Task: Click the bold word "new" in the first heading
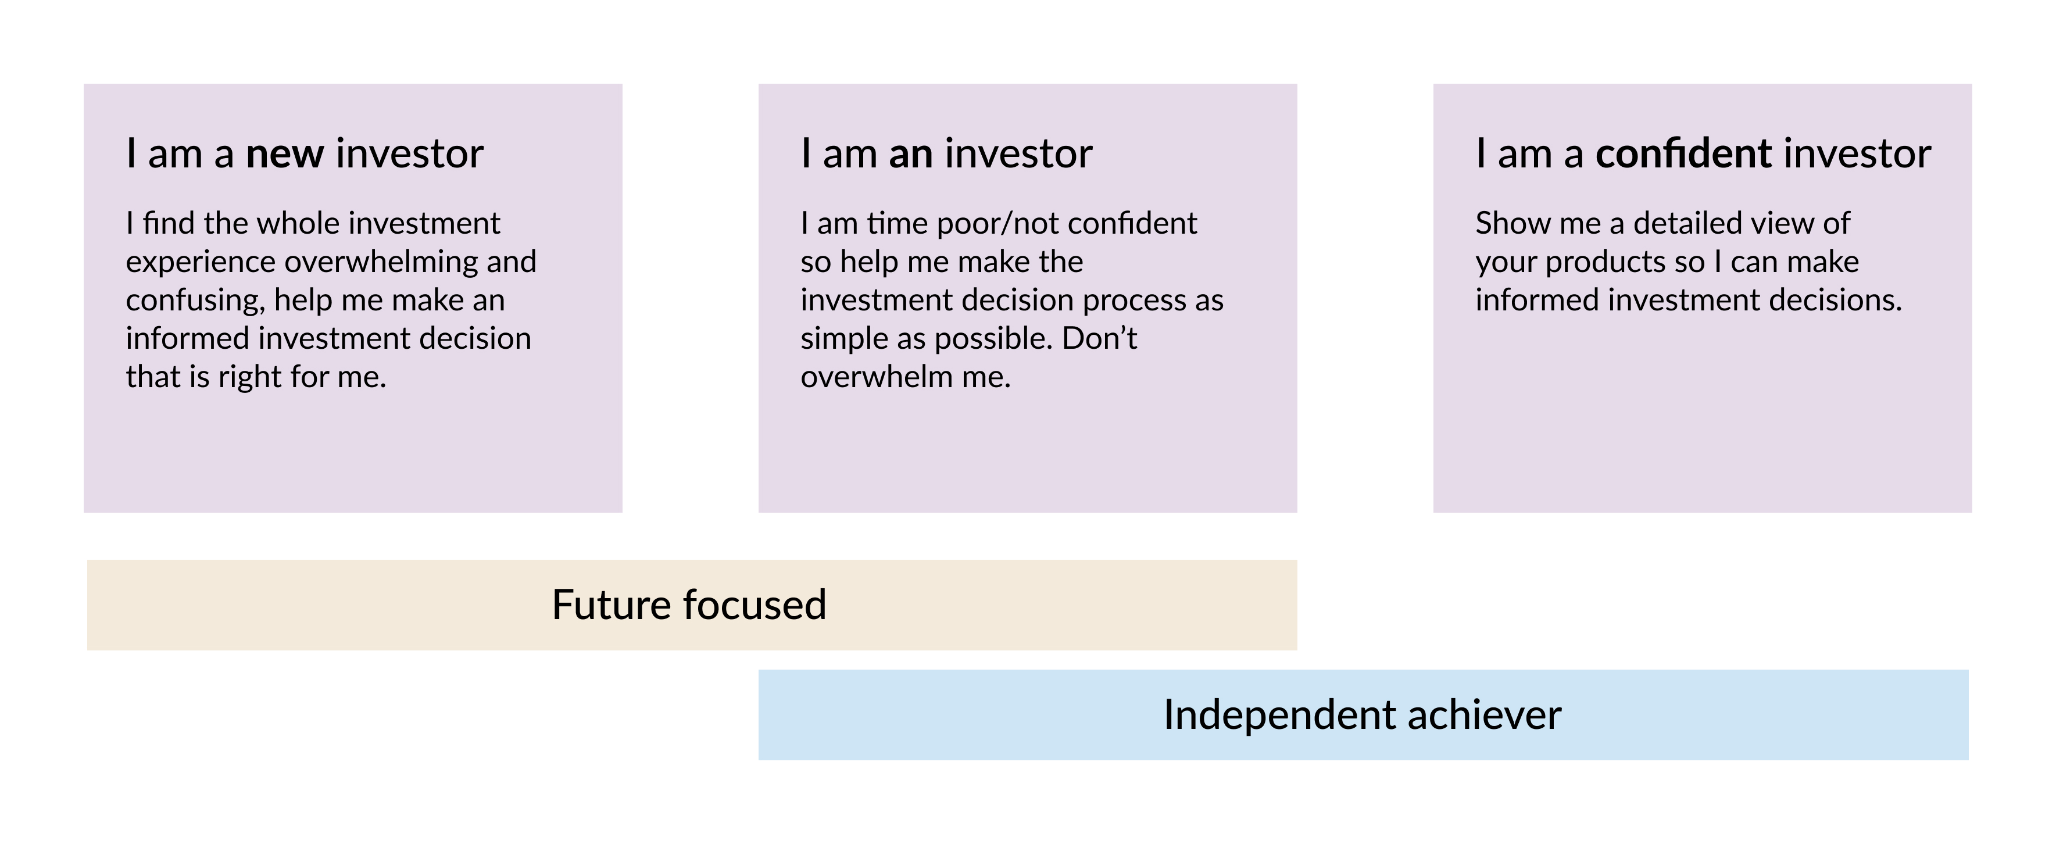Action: pos(285,155)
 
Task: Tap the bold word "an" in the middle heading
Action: pos(911,155)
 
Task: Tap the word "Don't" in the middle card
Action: pos(1100,338)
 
